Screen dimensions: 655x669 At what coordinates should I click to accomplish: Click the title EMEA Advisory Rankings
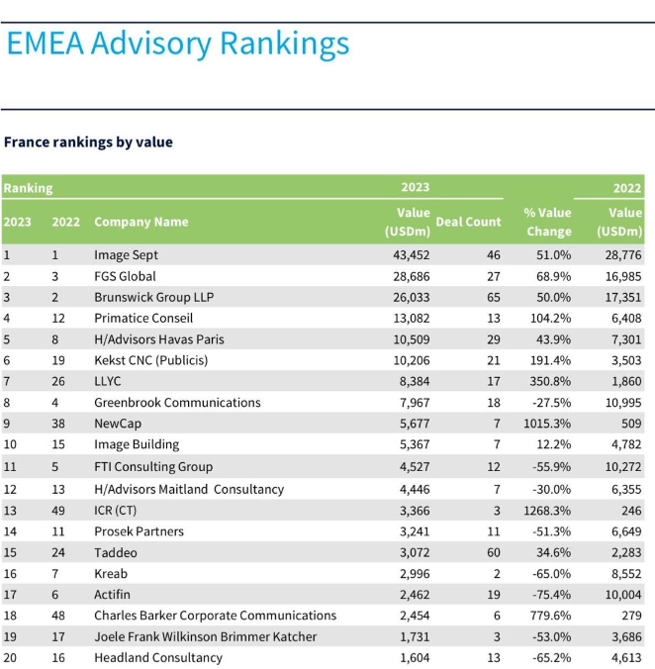click(178, 45)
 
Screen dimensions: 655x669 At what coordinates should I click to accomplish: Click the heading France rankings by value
click(88, 143)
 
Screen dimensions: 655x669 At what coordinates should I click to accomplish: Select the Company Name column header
click(141, 222)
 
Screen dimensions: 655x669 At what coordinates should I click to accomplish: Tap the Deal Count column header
click(468, 222)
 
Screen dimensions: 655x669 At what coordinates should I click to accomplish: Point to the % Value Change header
click(548, 222)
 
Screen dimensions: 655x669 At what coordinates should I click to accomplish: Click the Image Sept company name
click(126, 255)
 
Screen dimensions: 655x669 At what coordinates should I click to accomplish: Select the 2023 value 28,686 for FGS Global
click(411, 276)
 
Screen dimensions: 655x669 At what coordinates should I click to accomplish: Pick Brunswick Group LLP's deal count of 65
click(494, 297)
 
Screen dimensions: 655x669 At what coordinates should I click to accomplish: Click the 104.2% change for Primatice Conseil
click(550, 319)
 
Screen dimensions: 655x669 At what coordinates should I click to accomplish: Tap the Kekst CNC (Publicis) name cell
click(151, 360)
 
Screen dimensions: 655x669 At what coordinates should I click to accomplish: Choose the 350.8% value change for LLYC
click(550, 381)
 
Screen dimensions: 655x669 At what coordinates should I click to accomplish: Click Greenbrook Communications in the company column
click(177, 403)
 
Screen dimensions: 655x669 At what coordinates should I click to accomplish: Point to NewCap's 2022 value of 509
click(631, 424)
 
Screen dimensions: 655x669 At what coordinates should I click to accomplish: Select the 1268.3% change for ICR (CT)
click(547, 511)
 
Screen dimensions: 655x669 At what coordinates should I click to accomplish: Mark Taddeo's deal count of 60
click(494, 552)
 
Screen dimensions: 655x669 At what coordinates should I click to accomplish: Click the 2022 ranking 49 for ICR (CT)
click(58, 511)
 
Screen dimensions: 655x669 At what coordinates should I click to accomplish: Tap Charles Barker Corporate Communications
click(216, 616)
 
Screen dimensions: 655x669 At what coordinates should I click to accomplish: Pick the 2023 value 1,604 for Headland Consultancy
click(415, 658)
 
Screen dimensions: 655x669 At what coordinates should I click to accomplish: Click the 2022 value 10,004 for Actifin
click(623, 595)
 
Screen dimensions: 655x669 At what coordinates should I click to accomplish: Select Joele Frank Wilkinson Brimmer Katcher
click(206, 636)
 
